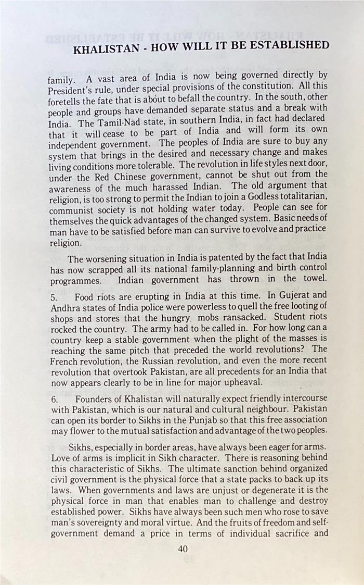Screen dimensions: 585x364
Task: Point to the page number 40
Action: coord(183,549)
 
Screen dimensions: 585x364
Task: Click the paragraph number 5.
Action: coord(54,297)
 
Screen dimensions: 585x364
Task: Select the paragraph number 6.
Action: coord(54,399)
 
